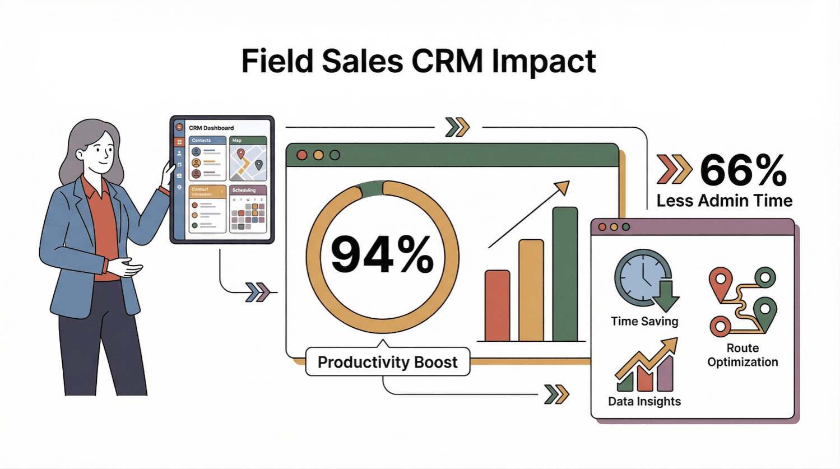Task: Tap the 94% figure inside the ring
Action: [382, 255]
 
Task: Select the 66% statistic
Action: [743, 170]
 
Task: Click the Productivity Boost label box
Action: [387, 362]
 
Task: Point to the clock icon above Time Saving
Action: [642, 278]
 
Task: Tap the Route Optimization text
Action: [742, 355]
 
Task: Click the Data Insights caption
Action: [644, 401]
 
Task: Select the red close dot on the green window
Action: [302, 155]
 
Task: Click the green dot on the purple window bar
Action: [626, 227]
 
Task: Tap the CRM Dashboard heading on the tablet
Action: [211, 128]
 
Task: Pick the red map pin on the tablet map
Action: [240, 154]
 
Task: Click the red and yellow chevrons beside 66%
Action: [674, 169]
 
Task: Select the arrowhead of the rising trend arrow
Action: [563, 187]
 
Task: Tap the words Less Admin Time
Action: [724, 201]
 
